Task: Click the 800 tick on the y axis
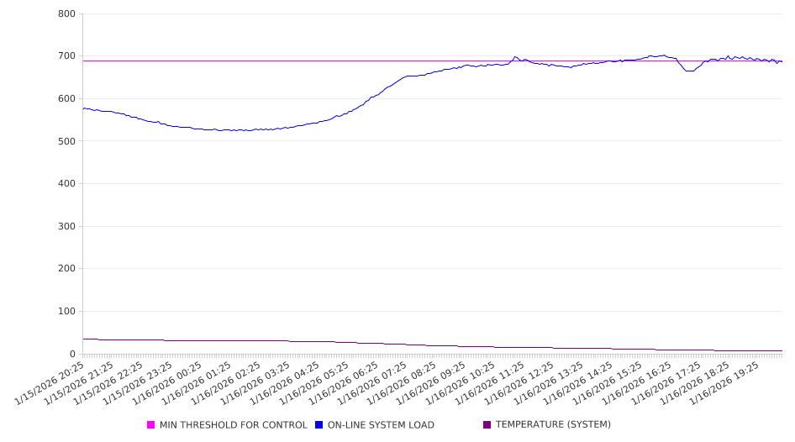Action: pos(66,14)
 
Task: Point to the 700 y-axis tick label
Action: pos(66,56)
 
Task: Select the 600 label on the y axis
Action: pos(66,99)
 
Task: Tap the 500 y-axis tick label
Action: pos(66,141)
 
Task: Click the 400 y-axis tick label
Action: pos(66,184)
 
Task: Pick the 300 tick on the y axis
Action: pos(66,227)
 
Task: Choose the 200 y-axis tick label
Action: pos(66,269)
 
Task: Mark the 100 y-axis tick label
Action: pos(66,312)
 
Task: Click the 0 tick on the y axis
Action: pos(72,354)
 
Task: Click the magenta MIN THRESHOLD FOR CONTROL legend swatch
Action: pos(151,425)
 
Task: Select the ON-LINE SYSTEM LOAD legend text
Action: pos(381,425)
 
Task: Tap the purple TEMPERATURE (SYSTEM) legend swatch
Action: pos(487,425)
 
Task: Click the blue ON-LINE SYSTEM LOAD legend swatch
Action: pos(319,425)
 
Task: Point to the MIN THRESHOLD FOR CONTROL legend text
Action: pos(234,425)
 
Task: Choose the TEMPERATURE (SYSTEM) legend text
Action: pos(553,425)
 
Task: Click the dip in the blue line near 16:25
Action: pos(690,71)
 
